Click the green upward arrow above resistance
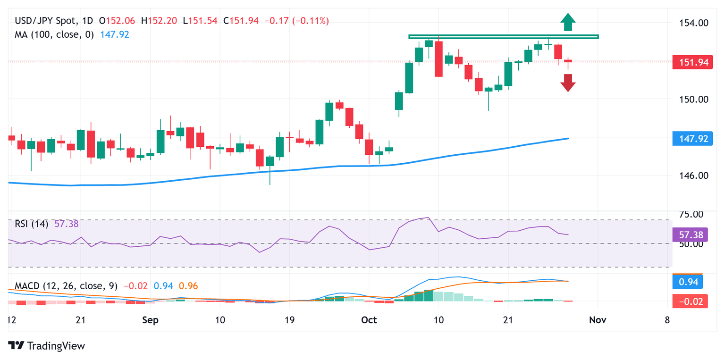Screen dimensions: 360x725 (x=568, y=22)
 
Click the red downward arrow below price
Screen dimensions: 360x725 (x=568, y=83)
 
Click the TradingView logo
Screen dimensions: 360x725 (x=47, y=346)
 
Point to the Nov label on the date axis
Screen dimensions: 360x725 (x=597, y=320)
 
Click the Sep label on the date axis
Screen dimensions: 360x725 (x=150, y=320)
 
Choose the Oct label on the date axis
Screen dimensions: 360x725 (x=369, y=320)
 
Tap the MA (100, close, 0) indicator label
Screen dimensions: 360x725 (x=54, y=34)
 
